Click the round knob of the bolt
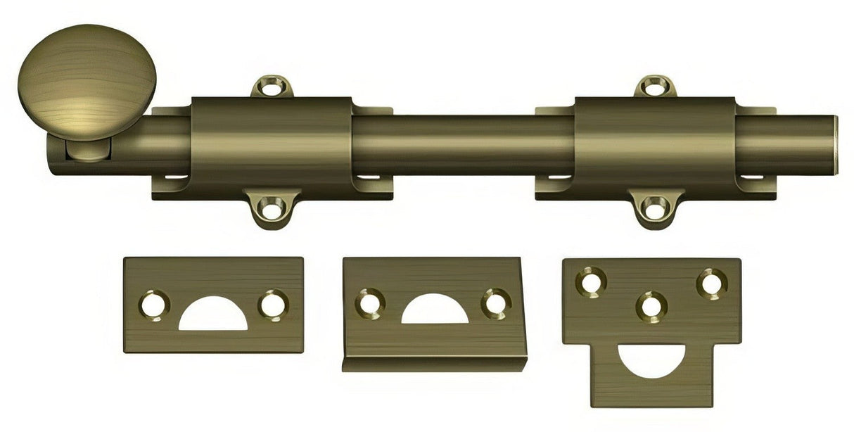[86, 81]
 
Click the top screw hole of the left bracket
[272, 89]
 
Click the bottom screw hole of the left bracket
[272, 208]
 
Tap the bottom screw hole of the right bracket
[655, 208]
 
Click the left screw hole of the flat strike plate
[153, 305]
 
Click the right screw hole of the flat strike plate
[272, 305]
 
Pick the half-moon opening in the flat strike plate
[212, 318]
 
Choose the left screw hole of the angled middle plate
[369, 303]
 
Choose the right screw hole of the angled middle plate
[496, 303]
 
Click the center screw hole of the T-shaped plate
[651, 306]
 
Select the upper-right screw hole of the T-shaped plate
[711, 283]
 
